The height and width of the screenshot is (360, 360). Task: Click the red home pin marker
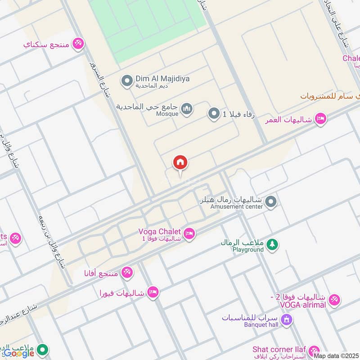coord(180,163)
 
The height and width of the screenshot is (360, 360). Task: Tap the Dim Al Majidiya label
coord(162,79)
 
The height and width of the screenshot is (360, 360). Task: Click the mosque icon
coord(186,108)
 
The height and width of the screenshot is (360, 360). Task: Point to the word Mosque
coord(167,114)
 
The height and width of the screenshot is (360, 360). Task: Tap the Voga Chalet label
coord(159,232)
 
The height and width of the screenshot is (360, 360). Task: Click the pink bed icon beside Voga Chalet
coord(189,233)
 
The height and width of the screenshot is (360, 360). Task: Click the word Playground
coord(248,250)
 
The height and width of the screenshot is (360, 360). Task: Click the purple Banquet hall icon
coord(286,320)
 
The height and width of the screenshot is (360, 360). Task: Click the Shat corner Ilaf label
coord(279,350)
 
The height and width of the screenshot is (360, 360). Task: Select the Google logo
coord(19,353)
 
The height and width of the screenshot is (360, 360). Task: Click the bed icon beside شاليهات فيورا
coord(153,292)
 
